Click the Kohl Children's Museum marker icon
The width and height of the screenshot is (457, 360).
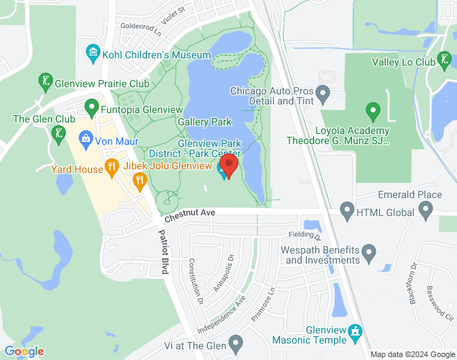[93, 53]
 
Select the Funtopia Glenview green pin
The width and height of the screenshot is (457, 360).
[91, 108]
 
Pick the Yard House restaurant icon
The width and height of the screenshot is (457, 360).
[111, 168]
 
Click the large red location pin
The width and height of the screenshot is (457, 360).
[229, 166]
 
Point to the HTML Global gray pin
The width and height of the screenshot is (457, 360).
[347, 212]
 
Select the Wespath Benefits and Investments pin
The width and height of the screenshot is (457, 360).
[369, 253]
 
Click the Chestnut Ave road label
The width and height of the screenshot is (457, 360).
[189, 214]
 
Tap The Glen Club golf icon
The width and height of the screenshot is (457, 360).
[57, 133]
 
